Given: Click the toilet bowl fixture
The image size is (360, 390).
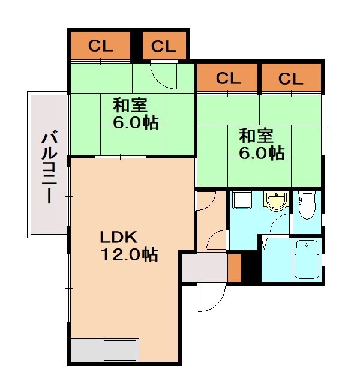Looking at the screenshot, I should point(306,205).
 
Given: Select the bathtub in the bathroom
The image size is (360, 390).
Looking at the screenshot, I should point(307,259).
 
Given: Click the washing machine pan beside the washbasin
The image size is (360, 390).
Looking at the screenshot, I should point(242,200).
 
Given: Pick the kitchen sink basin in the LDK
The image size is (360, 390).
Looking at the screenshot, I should point(120,350).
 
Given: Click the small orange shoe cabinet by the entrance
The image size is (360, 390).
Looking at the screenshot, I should point(234,268).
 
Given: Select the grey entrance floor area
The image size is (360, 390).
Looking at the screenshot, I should point(205,268).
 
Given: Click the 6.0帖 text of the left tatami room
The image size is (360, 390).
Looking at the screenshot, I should point(136,123).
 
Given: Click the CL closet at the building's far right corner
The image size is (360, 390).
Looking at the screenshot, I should point(291,78).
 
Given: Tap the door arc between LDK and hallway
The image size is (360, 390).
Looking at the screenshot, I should point(206,200).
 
